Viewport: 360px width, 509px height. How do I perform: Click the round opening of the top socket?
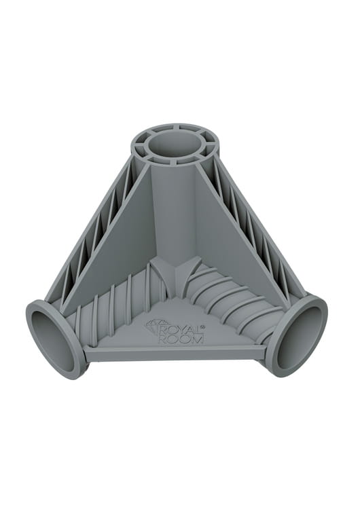click(175, 147)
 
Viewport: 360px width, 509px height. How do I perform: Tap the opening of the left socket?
click(50, 335)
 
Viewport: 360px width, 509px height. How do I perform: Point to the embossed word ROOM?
click(181, 339)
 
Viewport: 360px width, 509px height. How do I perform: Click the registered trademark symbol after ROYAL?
click(202, 326)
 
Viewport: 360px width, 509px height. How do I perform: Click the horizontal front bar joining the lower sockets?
click(175, 352)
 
